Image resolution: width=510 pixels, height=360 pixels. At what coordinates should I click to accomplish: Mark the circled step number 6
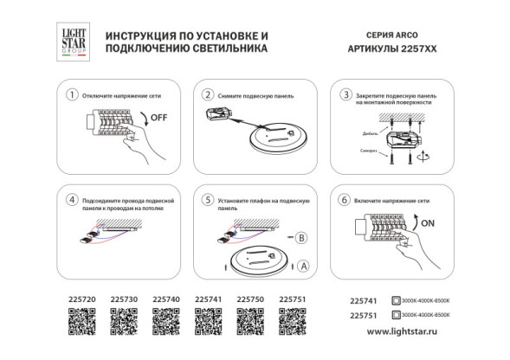345,199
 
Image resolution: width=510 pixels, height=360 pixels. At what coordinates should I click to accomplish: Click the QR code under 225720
81,323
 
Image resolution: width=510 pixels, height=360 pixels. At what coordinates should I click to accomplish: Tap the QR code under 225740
165,323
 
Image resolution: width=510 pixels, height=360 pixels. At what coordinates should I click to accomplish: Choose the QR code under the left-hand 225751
293,323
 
